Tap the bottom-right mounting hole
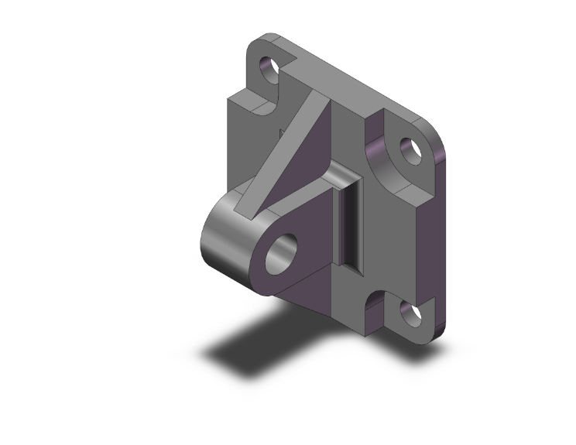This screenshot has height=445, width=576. pos(408,313)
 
